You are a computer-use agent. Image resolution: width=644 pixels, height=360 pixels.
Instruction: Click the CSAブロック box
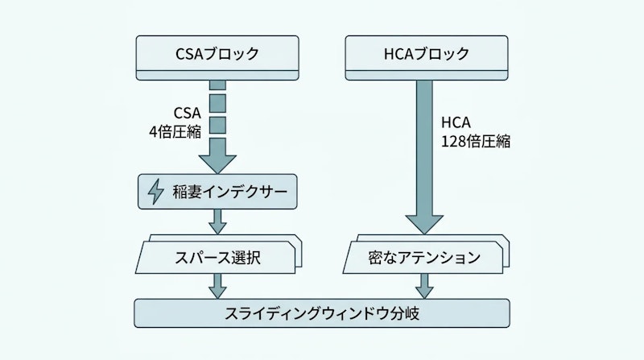click(217, 56)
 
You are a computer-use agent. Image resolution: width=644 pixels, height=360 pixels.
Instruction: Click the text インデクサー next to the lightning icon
click(242, 192)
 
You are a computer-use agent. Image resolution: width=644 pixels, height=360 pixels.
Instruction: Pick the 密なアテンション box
click(423, 259)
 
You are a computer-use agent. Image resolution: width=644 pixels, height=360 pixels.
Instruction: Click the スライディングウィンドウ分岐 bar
click(322, 312)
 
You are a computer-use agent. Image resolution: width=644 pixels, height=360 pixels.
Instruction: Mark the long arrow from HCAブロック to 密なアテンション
click(423, 153)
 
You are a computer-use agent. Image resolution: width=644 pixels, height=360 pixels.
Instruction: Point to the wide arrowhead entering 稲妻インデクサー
click(217, 161)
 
